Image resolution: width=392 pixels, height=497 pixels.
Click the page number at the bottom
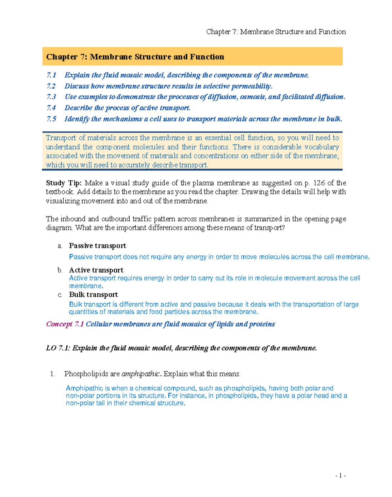pos(340,475)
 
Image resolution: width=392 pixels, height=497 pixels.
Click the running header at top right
pos(276,32)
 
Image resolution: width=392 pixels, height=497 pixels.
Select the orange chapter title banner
pos(192,56)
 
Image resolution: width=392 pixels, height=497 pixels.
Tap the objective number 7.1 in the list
pos(51,75)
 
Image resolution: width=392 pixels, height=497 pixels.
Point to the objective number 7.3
pos(51,97)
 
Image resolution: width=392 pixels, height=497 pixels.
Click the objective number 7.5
pos(51,119)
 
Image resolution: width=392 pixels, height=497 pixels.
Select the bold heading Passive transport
pos(97,246)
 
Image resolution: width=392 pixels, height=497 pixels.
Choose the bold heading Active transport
pos(96,270)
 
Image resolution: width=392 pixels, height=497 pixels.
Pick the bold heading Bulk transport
pos(93,295)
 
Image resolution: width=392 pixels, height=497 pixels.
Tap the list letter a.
pos(60,246)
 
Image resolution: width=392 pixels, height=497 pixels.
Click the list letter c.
pos(60,295)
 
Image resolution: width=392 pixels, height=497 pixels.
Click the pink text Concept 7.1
pos(65,324)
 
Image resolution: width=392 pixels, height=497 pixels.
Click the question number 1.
pos(53,374)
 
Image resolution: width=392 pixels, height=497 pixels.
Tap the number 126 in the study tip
pos(319,183)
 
